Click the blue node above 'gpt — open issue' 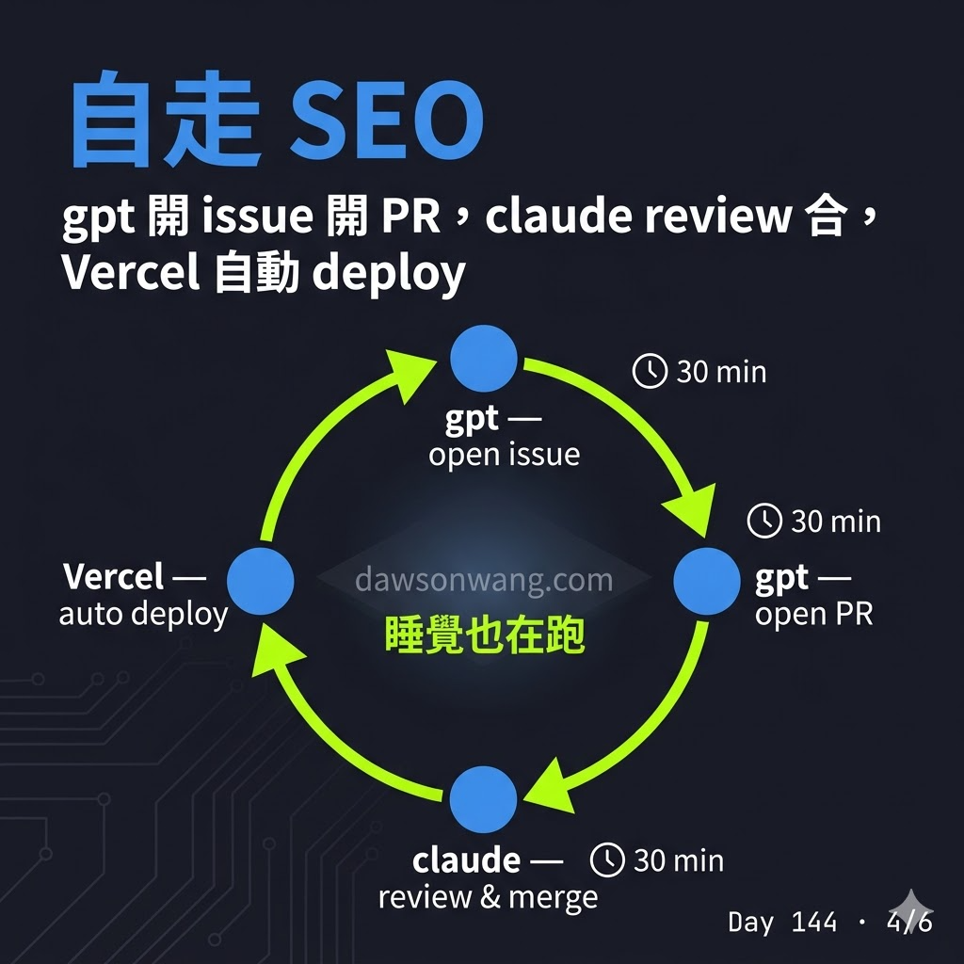[483, 359]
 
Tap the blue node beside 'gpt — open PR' [706, 581]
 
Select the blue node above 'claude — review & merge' [483, 799]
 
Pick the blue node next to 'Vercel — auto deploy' [260, 581]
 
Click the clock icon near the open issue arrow [650, 371]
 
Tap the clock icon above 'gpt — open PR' [764, 521]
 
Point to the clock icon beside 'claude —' [607, 860]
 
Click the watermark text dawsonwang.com [484, 580]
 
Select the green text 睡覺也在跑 [485, 635]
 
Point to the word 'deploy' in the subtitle [389, 274]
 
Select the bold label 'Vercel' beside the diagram [113, 576]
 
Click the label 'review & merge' [489, 897]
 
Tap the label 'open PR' [814, 614]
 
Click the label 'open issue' [505, 455]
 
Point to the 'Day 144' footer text [782, 922]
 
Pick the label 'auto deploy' [143, 614]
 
